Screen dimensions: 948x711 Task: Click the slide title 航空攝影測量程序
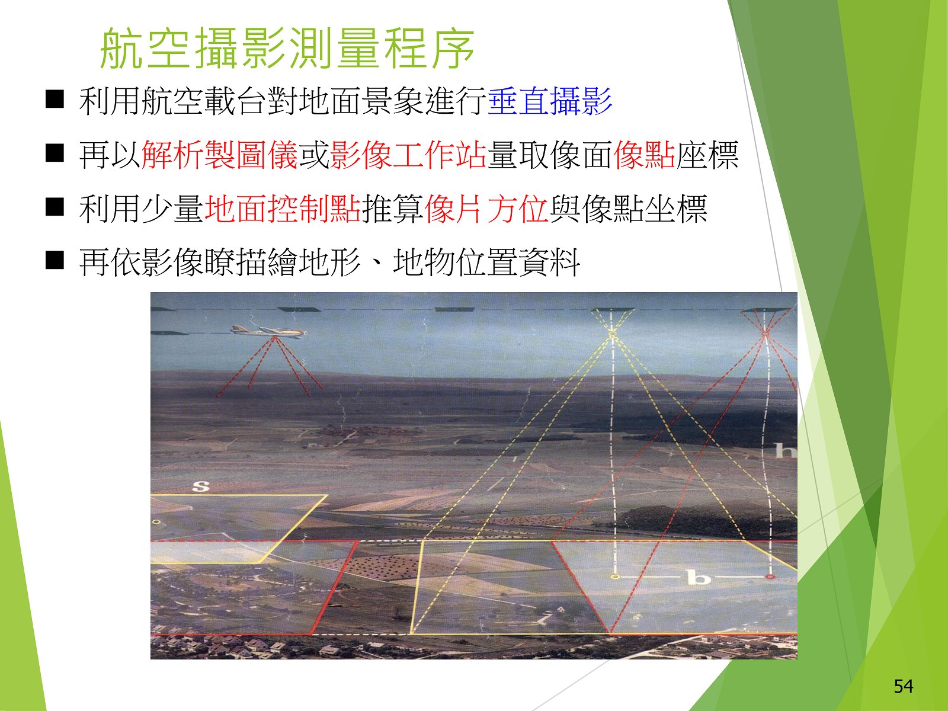tap(287, 49)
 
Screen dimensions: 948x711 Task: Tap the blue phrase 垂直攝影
tap(550, 101)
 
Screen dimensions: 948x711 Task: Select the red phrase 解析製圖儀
tap(219, 155)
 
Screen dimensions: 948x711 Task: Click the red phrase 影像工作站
tap(408, 155)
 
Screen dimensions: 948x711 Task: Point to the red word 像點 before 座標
tap(644, 155)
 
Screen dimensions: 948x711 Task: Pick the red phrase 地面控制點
tap(283, 209)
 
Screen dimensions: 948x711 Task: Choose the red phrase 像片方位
tap(486, 209)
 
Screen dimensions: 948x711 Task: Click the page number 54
tap(904, 686)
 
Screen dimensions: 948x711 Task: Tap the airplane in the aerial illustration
tap(268, 332)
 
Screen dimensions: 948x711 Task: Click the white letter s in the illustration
tap(201, 486)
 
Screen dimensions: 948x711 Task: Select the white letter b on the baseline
tap(699, 577)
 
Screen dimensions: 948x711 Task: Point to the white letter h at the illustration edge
tap(785, 450)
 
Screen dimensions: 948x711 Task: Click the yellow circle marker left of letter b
tap(616, 577)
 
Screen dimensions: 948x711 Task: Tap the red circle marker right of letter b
tap(769, 577)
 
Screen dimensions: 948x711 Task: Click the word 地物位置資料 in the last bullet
tap(486, 262)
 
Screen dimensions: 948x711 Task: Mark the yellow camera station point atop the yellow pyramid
tap(612, 333)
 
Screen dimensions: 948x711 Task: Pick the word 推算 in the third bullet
tap(393, 209)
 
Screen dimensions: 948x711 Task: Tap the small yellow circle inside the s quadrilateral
tap(157, 522)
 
